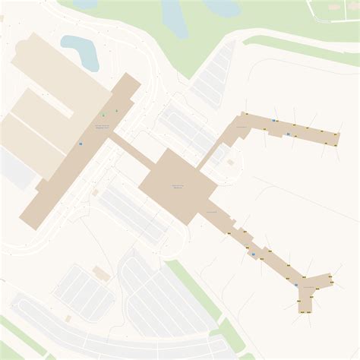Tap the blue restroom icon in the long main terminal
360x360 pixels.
[81, 143]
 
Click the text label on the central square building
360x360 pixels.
[178, 186]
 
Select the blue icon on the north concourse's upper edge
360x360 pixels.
[273, 121]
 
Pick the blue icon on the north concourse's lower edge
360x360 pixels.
[289, 134]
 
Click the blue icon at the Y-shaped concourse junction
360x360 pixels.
[295, 284]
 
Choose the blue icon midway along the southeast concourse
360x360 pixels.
[253, 254]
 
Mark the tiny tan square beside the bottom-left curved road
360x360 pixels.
[68, 318]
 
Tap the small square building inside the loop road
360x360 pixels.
[231, 162]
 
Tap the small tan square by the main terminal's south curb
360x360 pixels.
[95, 193]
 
